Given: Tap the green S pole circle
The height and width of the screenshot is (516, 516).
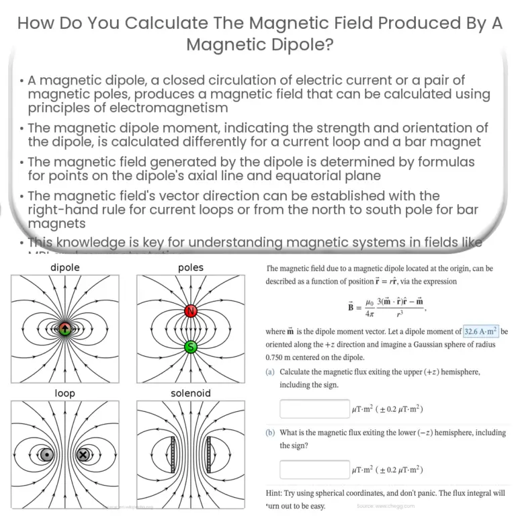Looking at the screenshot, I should tap(190, 346).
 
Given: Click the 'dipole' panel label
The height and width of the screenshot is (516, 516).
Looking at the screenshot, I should tap(64, 267).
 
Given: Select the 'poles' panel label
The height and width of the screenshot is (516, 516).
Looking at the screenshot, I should tap(190, 267).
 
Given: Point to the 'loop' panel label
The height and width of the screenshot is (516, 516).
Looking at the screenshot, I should tap(64, 393).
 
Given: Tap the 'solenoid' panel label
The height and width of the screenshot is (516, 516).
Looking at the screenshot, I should tap(190, 393).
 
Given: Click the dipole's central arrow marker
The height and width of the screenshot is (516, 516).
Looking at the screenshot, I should tap(64, 329).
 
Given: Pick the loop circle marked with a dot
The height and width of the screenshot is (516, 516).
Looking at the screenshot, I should tap(46, 454).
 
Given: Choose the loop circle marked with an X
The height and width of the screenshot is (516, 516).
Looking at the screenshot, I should tap(83, 454).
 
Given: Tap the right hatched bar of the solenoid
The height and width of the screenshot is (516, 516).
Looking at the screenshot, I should tap(209, 454).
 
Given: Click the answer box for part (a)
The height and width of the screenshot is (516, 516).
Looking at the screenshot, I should tap(314, 408).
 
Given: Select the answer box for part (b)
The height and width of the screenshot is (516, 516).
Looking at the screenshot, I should tap(314, 470).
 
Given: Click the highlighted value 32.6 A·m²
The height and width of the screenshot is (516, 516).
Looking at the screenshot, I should tap(480, 331).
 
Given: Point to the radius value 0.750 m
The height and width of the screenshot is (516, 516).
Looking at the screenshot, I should tap(281, 356).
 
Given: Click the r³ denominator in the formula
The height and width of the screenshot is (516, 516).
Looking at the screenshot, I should tap(400, 312).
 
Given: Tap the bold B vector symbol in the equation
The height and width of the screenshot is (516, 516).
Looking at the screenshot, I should tap(351, 304).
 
